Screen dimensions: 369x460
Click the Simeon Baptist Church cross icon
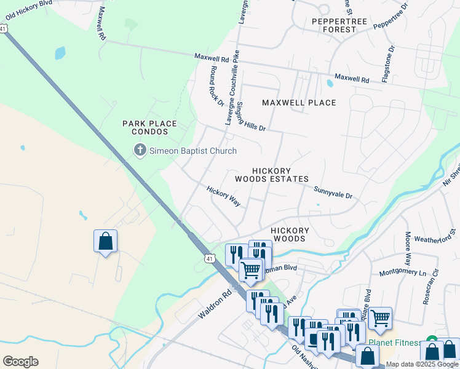click(140, 150)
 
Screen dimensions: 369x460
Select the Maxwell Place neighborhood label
click(299, 103)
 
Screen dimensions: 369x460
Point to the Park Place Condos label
click(149, 127)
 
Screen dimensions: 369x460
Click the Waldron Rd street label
click(214, 304)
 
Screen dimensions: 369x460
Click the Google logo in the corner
click(20, 361)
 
